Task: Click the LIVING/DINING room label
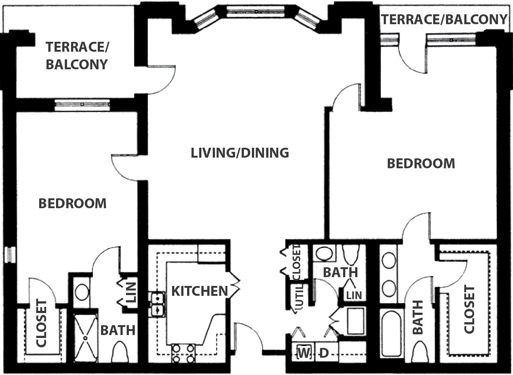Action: click(x=240, y=153)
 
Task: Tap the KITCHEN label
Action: click(x=200, y=291)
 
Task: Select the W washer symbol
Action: click(x=304, y=353)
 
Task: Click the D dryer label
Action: click(x=324, y=353)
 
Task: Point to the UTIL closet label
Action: click(x=299, y=296)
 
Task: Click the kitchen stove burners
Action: click(x=183, y=353)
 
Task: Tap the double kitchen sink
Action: click(x=157, y=305)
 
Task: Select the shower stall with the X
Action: click(x=86, y=338)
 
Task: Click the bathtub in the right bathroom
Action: click(x=391, y=334)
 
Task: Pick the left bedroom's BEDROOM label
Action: click(x=73, y=203)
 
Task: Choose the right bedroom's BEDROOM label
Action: click(x=421, y=163)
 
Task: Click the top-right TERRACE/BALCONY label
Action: click(x=444, y=19)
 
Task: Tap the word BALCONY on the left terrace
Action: click(x=77, y=65)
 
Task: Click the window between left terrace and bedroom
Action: click(x=82, y=104)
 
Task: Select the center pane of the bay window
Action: click(x=256, y=11)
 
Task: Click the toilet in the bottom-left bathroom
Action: click(x=119, y=352)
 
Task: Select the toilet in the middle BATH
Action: click(x=350, y=255)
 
